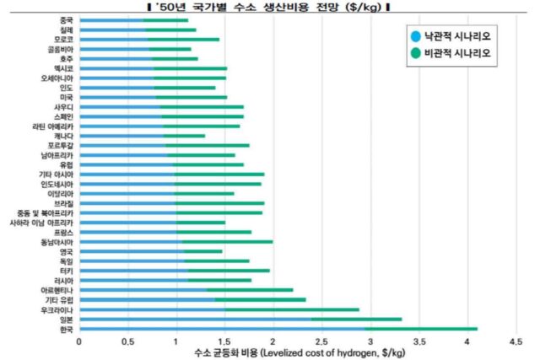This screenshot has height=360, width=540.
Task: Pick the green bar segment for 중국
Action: coord(165,19)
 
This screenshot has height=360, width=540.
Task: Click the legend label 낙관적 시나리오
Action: coord(463,36)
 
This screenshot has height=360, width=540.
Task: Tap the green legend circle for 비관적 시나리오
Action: coord(414,56)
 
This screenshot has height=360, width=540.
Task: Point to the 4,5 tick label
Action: coord(516,341)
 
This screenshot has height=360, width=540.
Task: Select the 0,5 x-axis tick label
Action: coord(127,341)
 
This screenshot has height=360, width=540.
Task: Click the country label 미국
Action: coord(66,97)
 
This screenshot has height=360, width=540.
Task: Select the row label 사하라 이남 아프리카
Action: coord(42,223)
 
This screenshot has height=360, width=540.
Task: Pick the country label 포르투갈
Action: coord(61,146)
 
